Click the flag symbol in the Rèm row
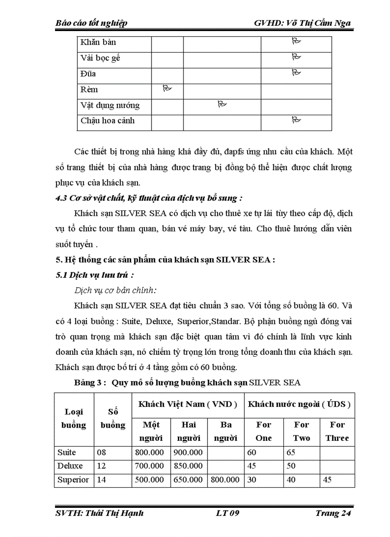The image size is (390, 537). point(167,88)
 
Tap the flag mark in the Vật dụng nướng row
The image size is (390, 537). point(222,104)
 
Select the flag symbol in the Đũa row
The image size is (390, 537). point(296,73)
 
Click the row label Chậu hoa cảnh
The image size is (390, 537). point(108,121)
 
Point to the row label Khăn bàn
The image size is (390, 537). point(98,42)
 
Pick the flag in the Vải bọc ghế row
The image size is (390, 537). point(296,57)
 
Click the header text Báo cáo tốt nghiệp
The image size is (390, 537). point(91,23)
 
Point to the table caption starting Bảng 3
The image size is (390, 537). point(187,383)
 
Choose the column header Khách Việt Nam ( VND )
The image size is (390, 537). point(188,404)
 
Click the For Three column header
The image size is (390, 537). point(337,431)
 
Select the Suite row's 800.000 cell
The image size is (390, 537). point(151,452)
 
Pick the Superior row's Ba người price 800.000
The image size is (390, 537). point(226,480)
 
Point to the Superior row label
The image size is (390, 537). point(73,480)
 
